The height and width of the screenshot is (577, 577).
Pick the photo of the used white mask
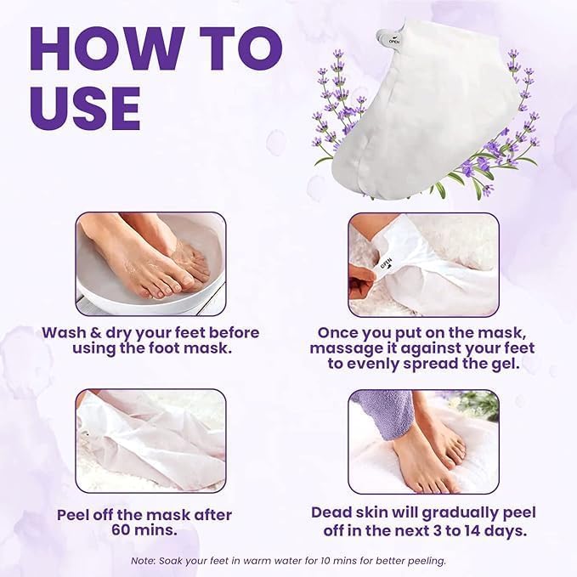tap(151, 439)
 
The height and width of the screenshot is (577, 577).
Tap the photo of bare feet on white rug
tap(423, 439)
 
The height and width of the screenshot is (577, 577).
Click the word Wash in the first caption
tap(63, 332)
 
